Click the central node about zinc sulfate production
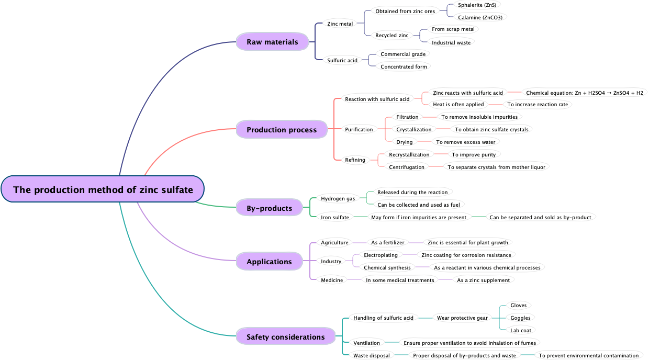(103, 189)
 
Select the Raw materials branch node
(272, 42)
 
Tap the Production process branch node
(282, 130)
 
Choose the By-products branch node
(269, 208)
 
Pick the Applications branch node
(269, 262)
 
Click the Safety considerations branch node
(285, 337)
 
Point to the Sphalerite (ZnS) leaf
(477, 5)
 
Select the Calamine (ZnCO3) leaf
(480, 17)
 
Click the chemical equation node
(584, 93)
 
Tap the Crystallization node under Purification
(413, 129)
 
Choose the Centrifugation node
(407, 167)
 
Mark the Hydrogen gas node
(338, 198)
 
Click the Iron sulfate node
(334, 217)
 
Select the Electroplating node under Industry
(381, 255)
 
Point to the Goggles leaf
(520, 318)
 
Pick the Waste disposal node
(371, 356)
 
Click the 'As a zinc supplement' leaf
(483, 280)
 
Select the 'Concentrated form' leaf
(404, 66)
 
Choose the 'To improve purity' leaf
(473, 154)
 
